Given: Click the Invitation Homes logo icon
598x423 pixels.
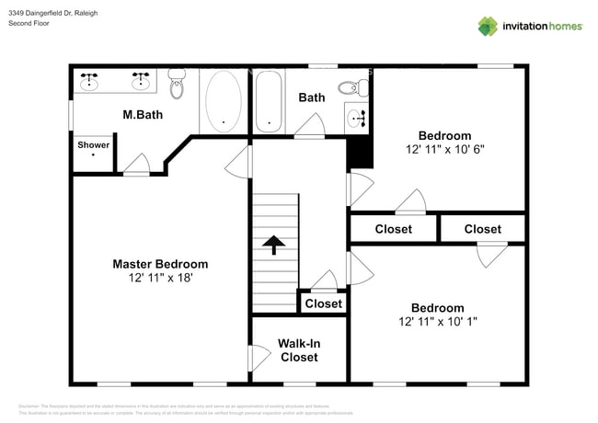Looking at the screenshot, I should pos(488,26).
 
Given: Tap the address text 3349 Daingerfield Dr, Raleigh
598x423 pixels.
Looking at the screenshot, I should pos(53,13).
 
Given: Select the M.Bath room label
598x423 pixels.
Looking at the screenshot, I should pos(143,115).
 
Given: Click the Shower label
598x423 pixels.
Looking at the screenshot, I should pos(93,145).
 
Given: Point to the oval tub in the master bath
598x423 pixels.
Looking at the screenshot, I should pos(224,100).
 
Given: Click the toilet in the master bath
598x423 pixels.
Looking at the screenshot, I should pos(178,84).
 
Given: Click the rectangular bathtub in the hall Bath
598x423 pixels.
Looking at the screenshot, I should pos(269,101).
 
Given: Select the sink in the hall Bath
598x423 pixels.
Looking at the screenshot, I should pos(356,117).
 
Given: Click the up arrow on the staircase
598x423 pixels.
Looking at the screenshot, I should pos(273,245).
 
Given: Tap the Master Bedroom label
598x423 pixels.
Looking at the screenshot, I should pos(160,264).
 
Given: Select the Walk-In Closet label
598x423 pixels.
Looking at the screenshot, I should pos(299,349).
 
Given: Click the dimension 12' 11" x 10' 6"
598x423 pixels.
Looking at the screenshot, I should pos(444,149).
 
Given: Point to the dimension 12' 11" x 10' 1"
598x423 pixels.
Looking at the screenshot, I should pos(437,322).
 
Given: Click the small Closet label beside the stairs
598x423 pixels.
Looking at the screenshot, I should pos(323,303).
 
